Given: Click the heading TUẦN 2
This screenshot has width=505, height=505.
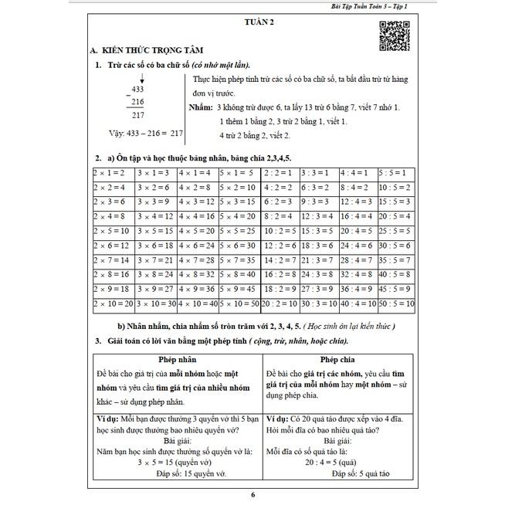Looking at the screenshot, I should pos(256,22).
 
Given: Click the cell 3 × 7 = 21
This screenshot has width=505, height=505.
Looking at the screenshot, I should pos(156,260).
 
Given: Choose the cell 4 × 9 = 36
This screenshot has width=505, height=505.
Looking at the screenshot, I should pos(198,290).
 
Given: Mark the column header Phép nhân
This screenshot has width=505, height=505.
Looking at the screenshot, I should pos(178,359).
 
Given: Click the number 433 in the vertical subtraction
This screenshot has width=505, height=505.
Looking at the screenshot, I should pos(137,89).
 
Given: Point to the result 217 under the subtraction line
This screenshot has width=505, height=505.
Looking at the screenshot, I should pos(137,116).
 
